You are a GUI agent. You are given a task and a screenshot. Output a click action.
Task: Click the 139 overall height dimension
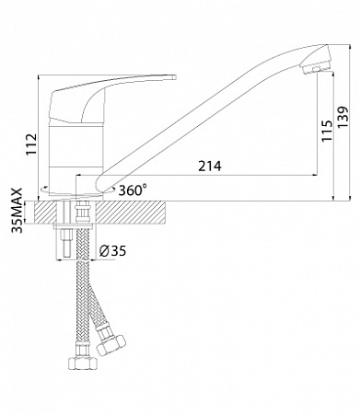[343, 118]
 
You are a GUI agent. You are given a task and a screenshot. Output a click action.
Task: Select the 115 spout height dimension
[327, 131]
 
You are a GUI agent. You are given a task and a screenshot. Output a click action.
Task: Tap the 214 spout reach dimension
[210, 167]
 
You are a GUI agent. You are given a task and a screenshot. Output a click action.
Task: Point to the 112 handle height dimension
[31, 144]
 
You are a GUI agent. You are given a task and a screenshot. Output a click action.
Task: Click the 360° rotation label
[132, 190]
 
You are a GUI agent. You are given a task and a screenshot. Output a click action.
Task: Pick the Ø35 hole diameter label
[113, 251]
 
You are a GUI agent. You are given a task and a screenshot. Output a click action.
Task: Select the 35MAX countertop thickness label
[17, 211]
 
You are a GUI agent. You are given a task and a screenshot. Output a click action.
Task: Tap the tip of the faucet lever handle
[174, 77]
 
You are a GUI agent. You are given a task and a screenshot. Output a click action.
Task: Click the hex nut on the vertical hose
[83, 363]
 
